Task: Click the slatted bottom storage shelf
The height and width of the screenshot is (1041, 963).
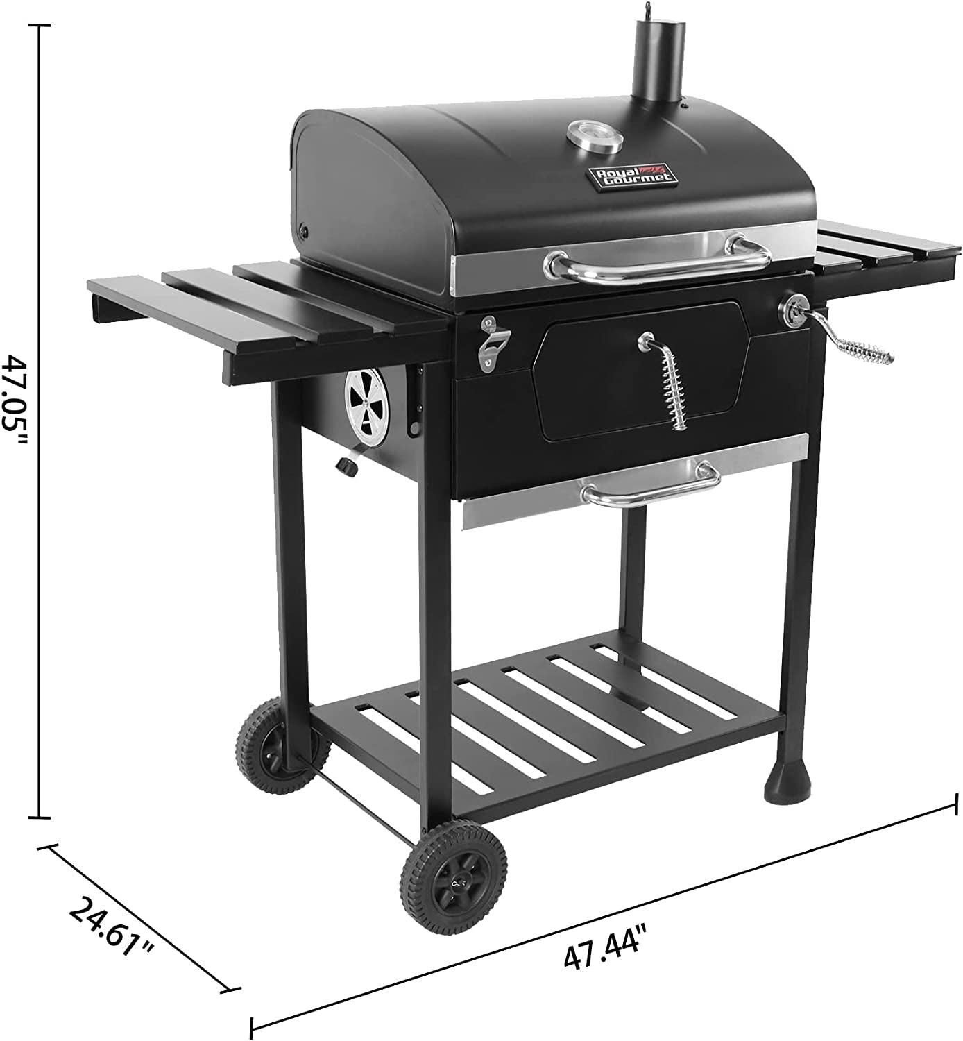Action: pyautogui.click(x=548, y=715)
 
